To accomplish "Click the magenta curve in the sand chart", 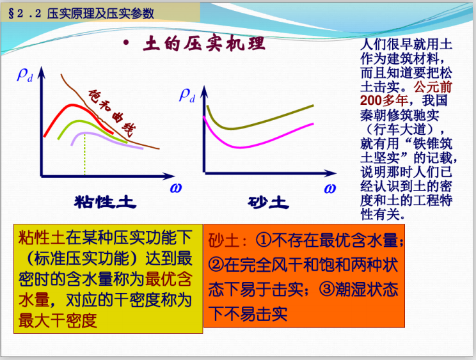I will pos(256,145).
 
